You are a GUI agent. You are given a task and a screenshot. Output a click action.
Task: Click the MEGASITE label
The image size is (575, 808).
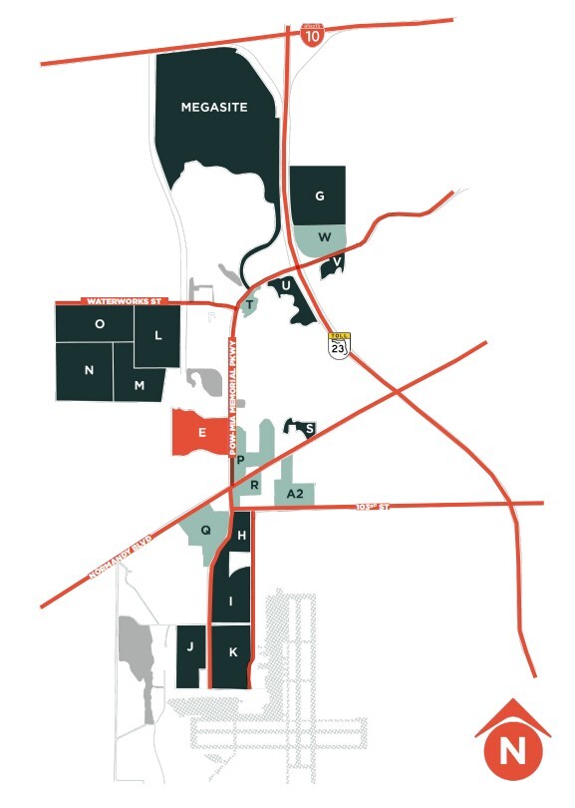click(213, 106)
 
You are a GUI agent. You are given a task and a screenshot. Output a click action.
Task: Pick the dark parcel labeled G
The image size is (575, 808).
click(319, 196)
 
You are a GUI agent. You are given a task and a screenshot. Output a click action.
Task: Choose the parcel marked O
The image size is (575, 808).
click(100, 324)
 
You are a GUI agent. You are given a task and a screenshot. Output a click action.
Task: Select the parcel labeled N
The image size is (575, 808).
click(90, 370)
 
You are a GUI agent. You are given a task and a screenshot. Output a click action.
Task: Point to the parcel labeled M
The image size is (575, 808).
click(140, 384)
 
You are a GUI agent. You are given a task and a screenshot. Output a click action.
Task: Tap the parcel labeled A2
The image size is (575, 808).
click(295, 494)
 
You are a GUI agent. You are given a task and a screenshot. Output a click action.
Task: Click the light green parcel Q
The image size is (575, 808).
click(206, 531)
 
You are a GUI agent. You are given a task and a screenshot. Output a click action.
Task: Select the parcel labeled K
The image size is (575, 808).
click(232, 653)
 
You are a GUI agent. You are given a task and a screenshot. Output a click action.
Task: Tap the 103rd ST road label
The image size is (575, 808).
click(371, 508)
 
